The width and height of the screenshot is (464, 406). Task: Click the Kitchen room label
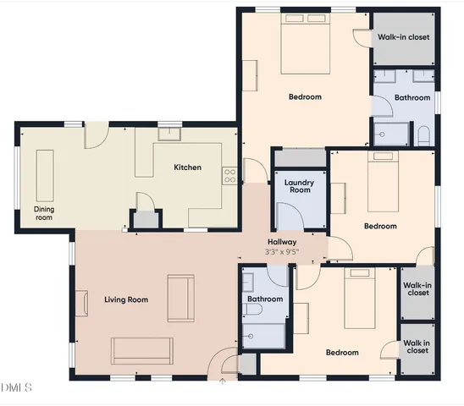[187, 167]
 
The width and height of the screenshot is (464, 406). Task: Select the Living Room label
[126, 299]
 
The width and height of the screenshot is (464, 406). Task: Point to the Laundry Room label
[298, 186]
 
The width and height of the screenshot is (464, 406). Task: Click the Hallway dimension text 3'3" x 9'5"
[282, 251]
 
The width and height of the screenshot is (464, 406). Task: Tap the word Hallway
[282, 241]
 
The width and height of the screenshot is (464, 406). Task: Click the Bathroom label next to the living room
[265, 299]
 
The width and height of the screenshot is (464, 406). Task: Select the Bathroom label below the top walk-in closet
[412, 98]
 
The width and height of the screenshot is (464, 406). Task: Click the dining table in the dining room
[43, 174]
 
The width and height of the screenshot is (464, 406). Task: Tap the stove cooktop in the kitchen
[229, 176]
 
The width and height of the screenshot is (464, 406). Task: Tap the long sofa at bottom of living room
[142, 348]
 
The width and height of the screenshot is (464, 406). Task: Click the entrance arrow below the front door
[223, 381]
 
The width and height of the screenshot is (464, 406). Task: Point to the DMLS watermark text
[16, 387]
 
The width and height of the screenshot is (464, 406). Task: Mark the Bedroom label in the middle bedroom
[380, 226]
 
